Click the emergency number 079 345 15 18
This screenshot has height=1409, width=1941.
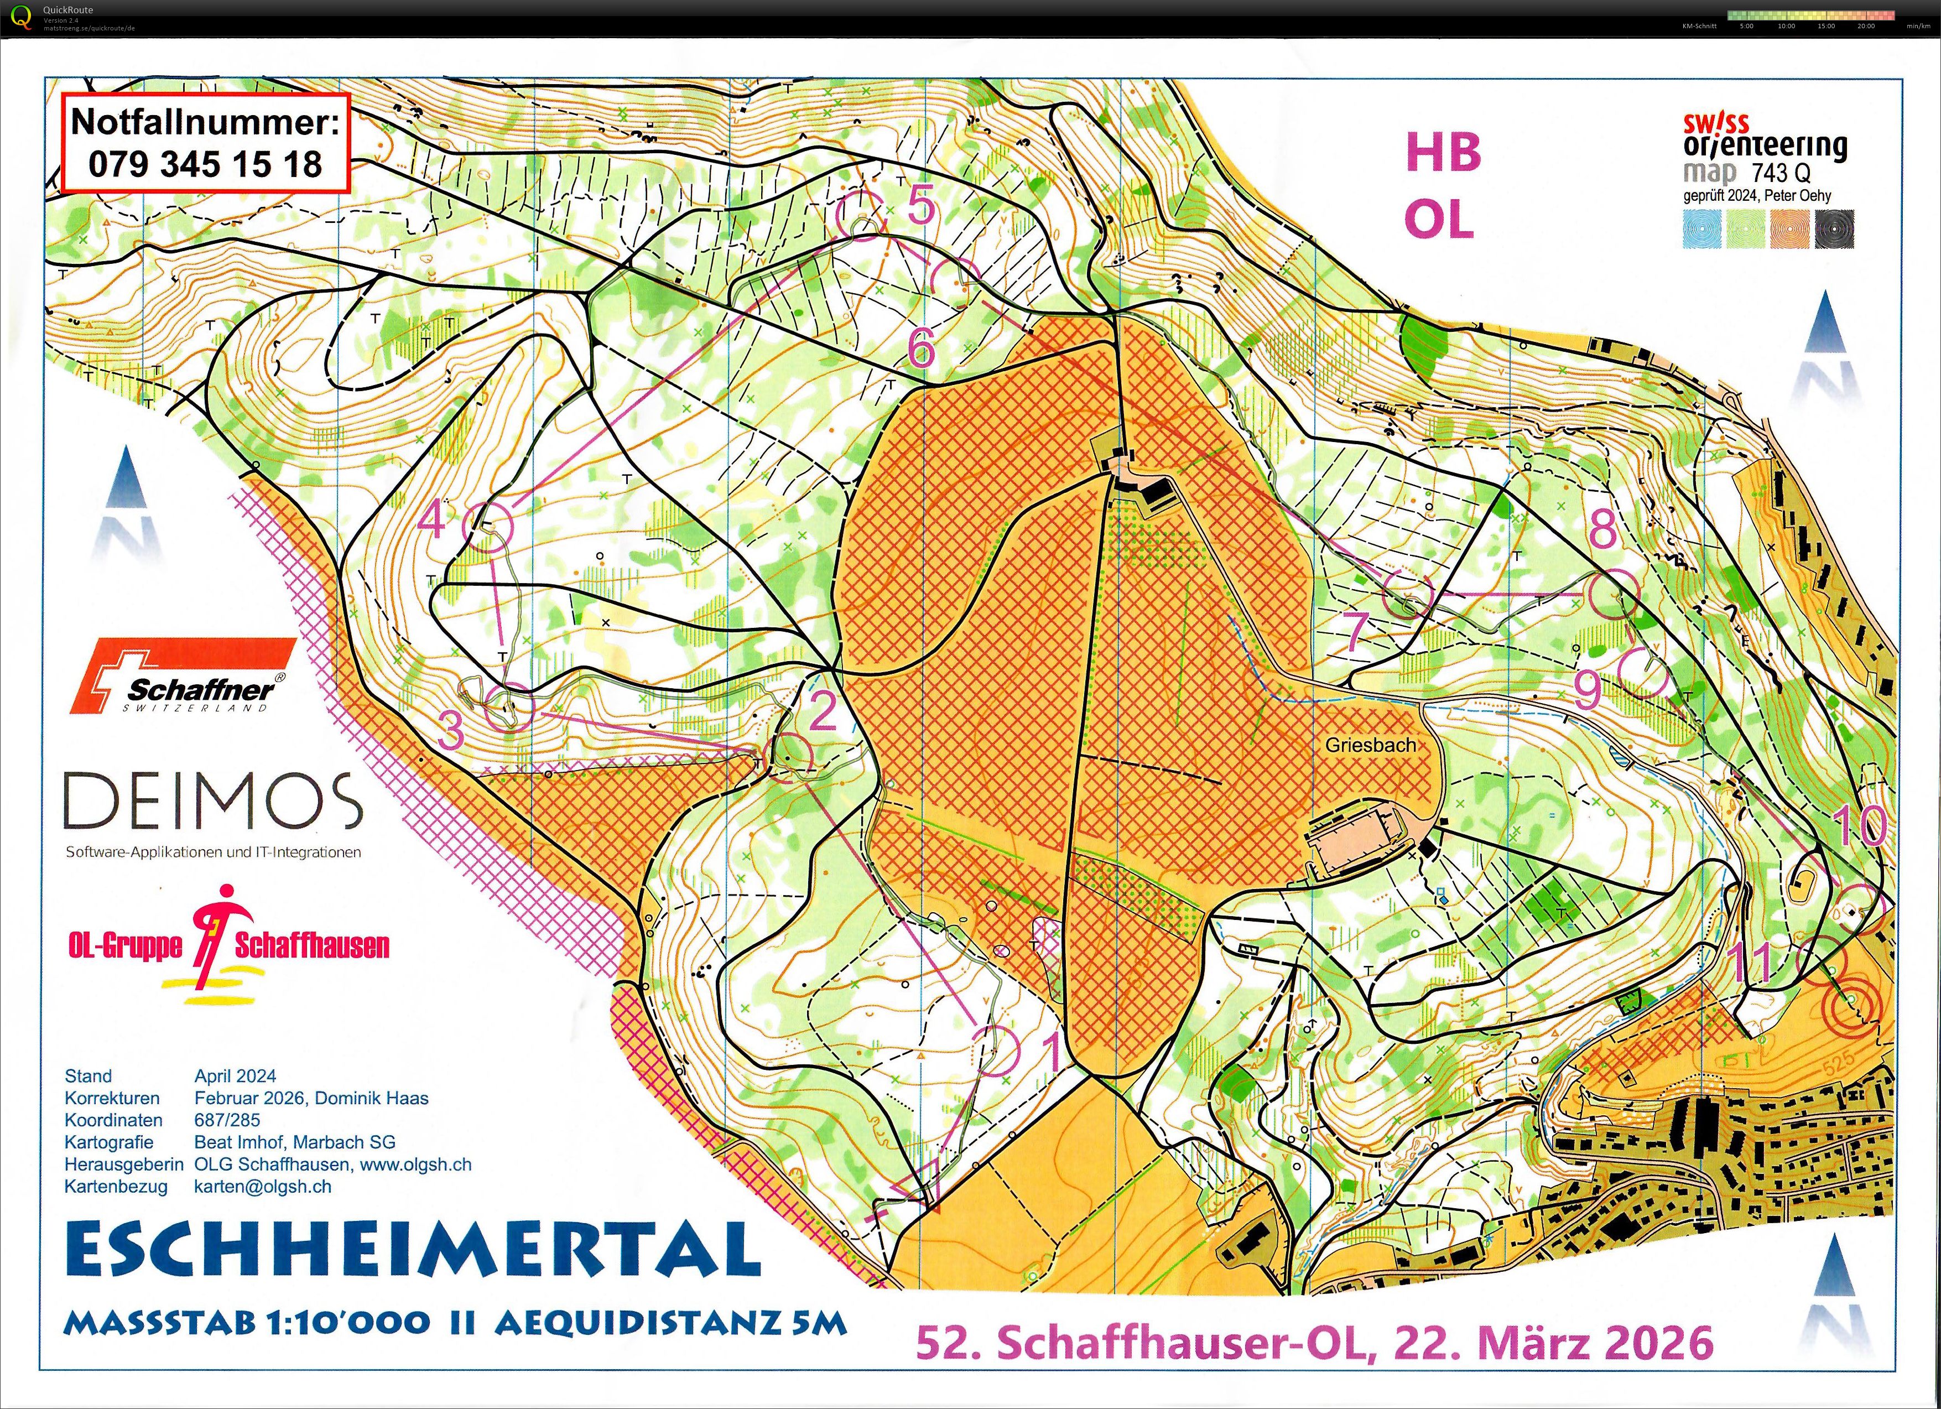[x=205, y=164]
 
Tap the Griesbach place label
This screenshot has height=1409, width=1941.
[x=1370, y=745]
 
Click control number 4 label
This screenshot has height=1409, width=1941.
[x=431, y=519]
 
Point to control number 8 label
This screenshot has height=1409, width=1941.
[x=1603, y=528]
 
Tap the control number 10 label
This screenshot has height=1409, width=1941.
[x=1858, y=826]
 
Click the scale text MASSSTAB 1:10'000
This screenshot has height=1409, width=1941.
[x=247, y=1323]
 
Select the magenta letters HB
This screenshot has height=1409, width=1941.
[x=1443, y=152]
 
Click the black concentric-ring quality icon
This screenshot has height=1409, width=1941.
[x=1834, y=228]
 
